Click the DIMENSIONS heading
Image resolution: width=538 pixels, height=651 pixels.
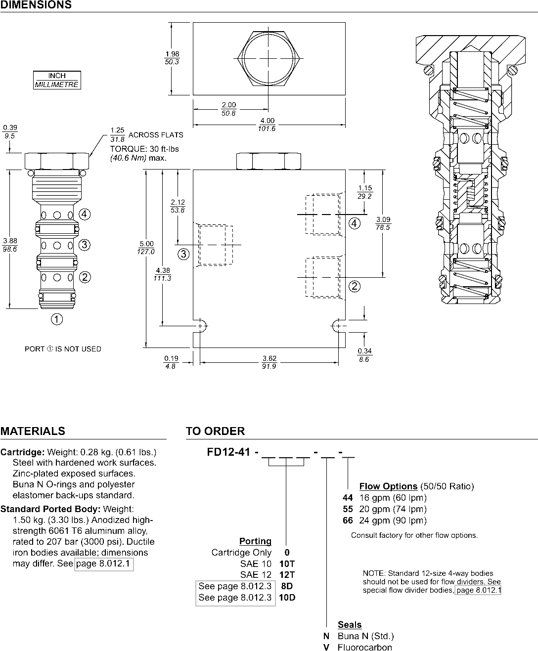coord(36,5)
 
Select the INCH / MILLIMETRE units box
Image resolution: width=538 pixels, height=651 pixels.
coord(57,80)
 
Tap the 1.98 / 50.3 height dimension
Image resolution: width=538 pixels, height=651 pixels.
coord(172,58)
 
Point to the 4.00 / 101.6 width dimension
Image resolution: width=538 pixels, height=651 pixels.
coord(267,125)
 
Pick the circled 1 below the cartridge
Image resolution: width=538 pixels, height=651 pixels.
coord(57,320)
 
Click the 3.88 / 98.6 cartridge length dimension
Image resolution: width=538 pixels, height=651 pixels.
coord(10,245)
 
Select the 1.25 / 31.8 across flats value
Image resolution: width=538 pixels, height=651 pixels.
coord(117,134)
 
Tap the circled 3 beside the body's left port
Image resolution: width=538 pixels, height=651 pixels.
coord(183,254)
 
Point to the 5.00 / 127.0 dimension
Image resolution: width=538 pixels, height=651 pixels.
coord(146,247)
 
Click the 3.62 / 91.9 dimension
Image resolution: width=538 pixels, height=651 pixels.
coord(269,362)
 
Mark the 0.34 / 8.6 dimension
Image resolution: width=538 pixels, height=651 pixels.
coord(364,355)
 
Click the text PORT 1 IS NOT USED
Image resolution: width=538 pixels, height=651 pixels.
coord(63,349)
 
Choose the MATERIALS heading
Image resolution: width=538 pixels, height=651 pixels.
coord(33,431)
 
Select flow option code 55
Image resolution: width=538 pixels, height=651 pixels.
coord(348,509)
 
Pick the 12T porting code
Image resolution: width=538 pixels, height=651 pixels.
coord(287,575)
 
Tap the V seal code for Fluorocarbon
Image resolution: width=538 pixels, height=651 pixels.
coord(326,648)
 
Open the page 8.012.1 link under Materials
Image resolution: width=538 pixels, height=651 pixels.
coord(104,564)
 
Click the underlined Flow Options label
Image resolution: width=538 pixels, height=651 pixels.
coord(388,486)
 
